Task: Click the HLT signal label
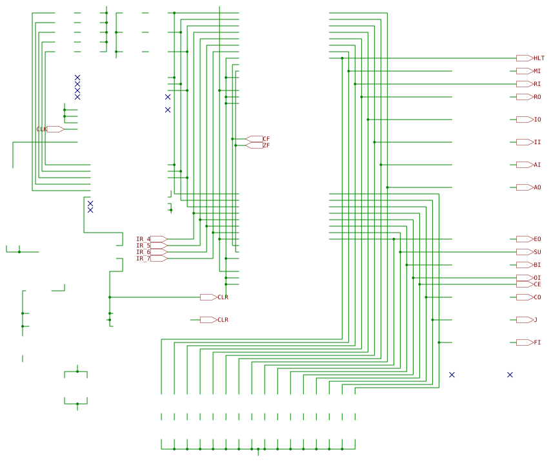point(539,58)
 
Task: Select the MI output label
point(537,71)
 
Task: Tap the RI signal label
point(537,84)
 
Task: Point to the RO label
point(537,97)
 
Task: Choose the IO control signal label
point(537,120)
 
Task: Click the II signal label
point(537,142)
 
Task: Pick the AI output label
point(537,165)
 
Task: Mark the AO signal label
point(537,187)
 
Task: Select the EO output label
point(537,239)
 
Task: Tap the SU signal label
point(537,252)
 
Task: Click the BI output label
point(537,265)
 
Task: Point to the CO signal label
point(537,297)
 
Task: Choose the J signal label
point(536,320)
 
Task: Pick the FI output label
point(537,342)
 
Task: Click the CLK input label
point(41,129)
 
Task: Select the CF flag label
point(266,139)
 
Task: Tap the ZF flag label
point(266,145)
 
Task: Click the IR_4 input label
point(143,239)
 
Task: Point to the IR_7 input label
point(143,258)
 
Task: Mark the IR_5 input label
point(143,246)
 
